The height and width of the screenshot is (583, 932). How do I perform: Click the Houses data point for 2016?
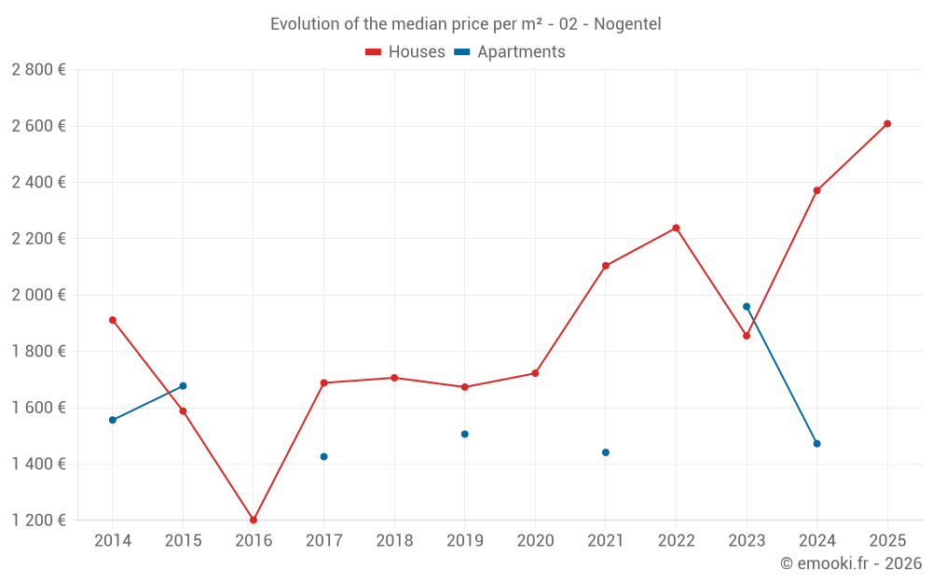pyautogui.click(x=254, y=520)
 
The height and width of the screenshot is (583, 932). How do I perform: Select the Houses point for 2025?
pyautogui.click(x=887, y=123)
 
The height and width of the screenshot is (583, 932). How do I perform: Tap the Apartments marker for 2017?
pyautogui.click(x=323, y=456)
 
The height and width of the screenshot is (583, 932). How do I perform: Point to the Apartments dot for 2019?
pyautogui.click(x=464, y=434)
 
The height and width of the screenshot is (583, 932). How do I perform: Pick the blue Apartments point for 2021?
pyautogui.click(x=606, y=452)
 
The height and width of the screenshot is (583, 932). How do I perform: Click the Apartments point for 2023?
pyautogui.click(x=747, y=306)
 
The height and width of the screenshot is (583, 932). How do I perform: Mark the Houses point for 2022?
pyautogui.click(x=676, y=228)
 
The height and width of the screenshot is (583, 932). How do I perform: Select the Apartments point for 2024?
pyautogui.click(x=816, y=443)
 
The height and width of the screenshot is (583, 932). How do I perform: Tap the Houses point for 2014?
pyautogui.click(x=113, y=320)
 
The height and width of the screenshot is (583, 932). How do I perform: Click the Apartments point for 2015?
pyautogui.click(x=183, y=385)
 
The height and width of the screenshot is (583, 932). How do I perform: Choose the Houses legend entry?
pyautogui.click(x=405, y=52)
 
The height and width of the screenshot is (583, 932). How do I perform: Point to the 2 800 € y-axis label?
pyautogui.click(x=38, y=69)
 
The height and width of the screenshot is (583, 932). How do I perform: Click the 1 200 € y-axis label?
pyautogui.click(x=38, y=520)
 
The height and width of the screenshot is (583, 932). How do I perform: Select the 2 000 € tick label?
pyautogui.click(x=38, y=295)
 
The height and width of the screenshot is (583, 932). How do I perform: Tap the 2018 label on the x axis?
pyautogui.click(x=394, y=540)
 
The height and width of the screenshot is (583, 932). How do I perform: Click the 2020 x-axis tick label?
pyautogui.click(x=535, y=540)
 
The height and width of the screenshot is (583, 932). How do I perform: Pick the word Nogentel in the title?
pyautogui.click(x=627, y=24)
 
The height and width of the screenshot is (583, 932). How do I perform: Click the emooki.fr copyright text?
pyautogui.click(x=851, y=563)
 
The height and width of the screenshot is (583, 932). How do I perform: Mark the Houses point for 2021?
pyautogui.click(x=606, y=266)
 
